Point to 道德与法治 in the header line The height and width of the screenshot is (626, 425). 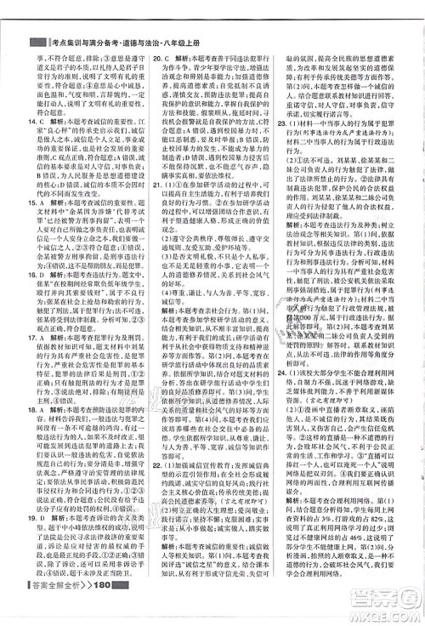158,43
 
